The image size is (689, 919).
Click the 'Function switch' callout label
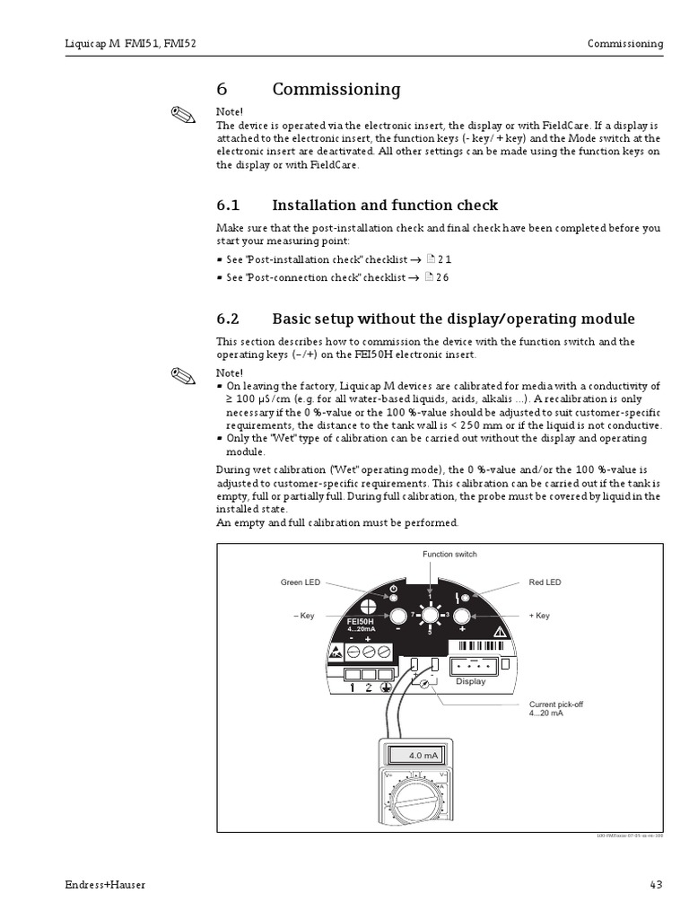(449, 555)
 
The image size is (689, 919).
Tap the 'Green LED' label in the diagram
(300, 582)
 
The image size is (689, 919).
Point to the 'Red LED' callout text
(545, 582)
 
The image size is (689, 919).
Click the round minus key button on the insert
(397, 616)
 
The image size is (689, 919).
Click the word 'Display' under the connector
(470, 681)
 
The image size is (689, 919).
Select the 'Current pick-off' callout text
(555, 709)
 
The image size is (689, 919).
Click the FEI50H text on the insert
(359, 622)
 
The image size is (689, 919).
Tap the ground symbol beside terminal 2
(385, 688)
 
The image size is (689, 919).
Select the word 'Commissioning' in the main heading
(336, 90)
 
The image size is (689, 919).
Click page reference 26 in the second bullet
(441, 277)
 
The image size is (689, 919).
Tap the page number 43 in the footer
(656, 885)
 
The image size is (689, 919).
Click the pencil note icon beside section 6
(182, 116)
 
